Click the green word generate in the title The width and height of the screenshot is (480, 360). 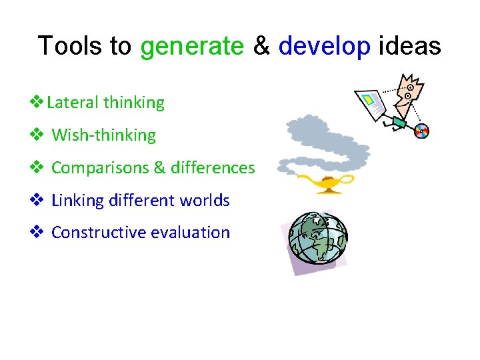(x=192, y=47)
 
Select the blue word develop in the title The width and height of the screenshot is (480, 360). (x=324, y=47)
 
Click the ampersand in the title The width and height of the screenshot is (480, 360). (x=261, y=47)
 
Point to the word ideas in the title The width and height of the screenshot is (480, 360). (x=409, y=47)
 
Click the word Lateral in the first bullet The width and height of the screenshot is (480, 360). (x=73, y=103)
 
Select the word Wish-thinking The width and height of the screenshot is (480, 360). (x=103, y=135)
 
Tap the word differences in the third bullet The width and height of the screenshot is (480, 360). (x=213, y=168)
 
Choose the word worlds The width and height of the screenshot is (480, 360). (x=205, y=201)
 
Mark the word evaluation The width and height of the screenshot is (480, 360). (x=190, y=233)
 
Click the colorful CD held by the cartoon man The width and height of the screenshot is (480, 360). (x=421, y=131)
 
